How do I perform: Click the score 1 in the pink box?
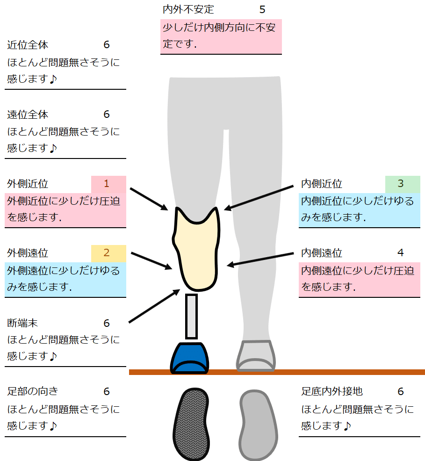(x=107, y=184)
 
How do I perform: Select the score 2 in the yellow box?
(x=107, y=253)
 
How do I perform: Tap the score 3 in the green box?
(x=401, y=184)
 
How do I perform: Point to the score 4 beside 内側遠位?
(x=401, y=253)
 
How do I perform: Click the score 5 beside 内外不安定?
(x=262, y=9)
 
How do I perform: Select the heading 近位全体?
(x=28, y=45)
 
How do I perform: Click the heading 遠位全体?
(x=28, y=115)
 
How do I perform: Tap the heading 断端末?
(x=22, y=323)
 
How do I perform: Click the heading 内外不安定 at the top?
(x=188, y=9)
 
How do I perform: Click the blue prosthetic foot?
(x=190, y=358)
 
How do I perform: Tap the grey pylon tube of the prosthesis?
(x=191, y=316)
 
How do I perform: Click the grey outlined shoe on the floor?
(x=256, y=356)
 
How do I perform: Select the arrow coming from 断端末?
(x=154, y=306)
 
